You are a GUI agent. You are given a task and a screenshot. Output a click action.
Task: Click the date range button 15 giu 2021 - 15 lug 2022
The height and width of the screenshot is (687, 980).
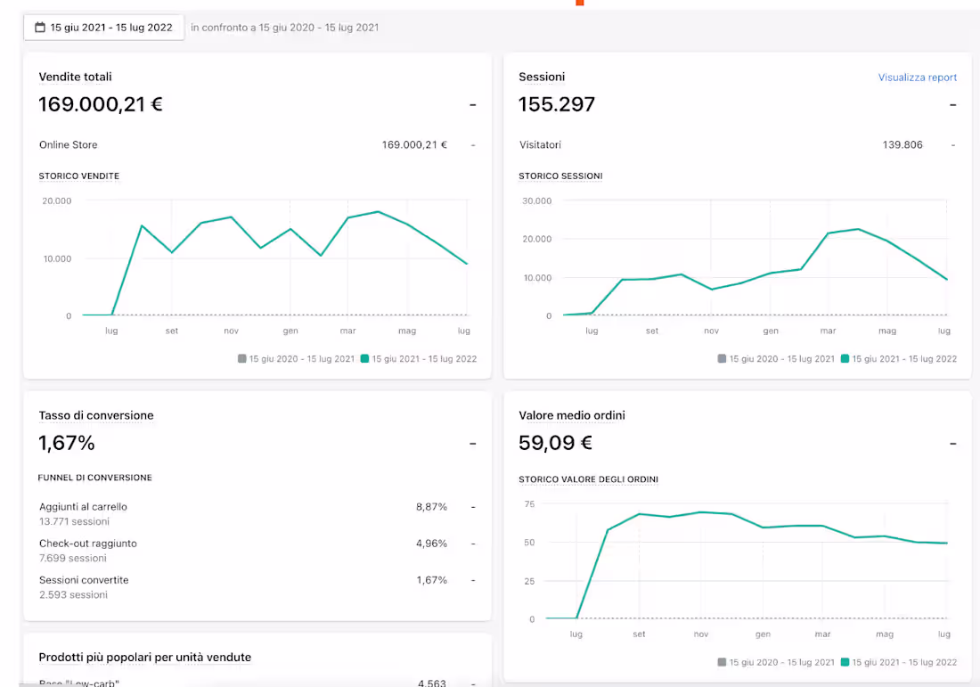(x=103, y=28)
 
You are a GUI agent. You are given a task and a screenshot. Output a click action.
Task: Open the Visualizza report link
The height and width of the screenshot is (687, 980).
(x=917, y=78)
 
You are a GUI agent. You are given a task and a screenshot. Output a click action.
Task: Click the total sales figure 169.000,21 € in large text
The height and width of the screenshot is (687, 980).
(x=101, y=104)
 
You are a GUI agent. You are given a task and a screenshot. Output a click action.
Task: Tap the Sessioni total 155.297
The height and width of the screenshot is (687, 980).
(x=557, y=104)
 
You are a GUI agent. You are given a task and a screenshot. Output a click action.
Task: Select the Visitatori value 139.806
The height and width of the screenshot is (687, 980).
(x=902, y=144)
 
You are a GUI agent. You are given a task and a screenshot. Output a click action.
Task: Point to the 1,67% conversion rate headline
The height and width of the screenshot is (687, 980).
(x=67, y=443)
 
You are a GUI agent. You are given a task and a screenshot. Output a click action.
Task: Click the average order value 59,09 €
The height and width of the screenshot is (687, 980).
(x=555, y=443)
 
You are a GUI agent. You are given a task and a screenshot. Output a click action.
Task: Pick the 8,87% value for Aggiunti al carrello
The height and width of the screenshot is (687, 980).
(x=431, y=507)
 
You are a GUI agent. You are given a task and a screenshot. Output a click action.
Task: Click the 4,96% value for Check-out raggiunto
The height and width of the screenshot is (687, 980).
(x=431, y=544)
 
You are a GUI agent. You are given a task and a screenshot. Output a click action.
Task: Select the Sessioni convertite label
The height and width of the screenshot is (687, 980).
(x=84, y=580)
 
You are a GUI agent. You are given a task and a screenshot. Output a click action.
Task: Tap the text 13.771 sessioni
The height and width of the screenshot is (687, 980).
(x=74, y=521)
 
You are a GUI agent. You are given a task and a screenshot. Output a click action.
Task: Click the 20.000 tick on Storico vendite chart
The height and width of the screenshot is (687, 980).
(x=57, y=200)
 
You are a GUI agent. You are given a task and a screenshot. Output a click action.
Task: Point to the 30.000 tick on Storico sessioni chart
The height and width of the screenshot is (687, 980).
(x=537, y=200)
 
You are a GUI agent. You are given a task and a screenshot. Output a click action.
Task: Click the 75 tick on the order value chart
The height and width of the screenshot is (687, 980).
(x=529, y=504)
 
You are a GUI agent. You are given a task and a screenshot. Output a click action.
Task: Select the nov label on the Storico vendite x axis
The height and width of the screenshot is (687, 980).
(x=231, y=331)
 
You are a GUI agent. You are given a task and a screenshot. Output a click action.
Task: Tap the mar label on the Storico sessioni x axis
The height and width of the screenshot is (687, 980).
(x=829, y=331)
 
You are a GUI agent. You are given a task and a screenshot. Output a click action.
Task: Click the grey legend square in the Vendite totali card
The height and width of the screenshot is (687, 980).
(x=242, y=359)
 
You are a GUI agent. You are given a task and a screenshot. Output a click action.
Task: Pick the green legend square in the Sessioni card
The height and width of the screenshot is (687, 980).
(x=845, y=359)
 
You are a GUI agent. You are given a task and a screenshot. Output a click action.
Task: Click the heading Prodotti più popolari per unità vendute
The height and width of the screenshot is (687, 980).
(x=145, y=658)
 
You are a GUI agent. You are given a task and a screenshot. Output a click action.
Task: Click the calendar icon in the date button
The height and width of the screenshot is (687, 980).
(x=39, y=28)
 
